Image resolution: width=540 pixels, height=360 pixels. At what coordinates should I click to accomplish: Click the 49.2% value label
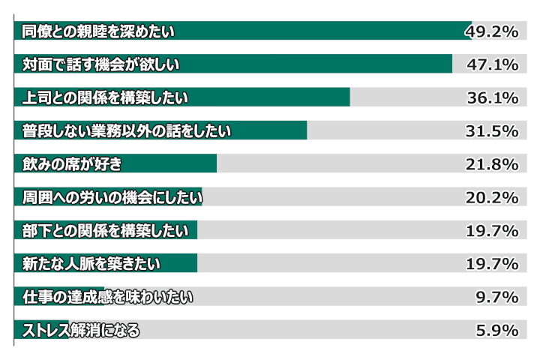492,31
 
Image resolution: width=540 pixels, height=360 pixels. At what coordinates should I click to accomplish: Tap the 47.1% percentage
492,64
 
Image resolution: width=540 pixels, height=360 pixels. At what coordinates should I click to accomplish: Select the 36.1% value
492,97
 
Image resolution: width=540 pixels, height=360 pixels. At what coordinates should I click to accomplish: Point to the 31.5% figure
492,130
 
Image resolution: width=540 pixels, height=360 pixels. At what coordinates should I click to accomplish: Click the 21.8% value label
492,163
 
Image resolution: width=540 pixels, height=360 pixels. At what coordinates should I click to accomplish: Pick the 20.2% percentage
492,197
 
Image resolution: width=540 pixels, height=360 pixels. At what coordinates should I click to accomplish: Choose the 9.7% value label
497,297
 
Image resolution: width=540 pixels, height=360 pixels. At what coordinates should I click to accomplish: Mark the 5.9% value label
497,330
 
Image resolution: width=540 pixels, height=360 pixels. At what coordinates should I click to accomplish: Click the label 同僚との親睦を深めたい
98,31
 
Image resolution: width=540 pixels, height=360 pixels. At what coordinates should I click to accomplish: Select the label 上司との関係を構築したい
106,97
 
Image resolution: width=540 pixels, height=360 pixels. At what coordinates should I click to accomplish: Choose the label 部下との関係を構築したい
106,230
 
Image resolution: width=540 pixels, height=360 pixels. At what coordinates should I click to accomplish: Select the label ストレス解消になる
81,330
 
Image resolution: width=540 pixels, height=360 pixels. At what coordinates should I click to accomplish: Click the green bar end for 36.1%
349,97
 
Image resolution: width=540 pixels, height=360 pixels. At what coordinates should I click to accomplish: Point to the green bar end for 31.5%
306,130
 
